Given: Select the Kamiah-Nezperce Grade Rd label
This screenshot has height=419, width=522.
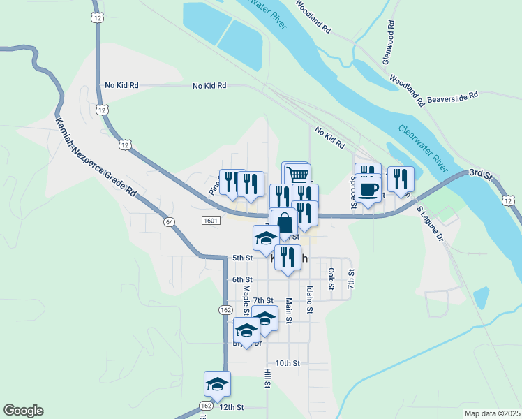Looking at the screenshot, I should (x=95, y=157).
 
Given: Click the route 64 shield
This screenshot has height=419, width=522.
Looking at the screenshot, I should (x=170, y=221).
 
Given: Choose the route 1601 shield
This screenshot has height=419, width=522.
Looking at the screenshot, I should (x=211, y=221).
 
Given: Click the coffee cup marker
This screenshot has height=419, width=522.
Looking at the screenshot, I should (x=369, y=189).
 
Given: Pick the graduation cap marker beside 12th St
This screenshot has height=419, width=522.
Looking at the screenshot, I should (x=217, y=384).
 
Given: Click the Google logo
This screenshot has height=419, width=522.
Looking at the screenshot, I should (x=23, y=411).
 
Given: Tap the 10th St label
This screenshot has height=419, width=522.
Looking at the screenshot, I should (x=287, y=363).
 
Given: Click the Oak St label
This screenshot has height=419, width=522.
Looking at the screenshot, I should (x=331, y=279).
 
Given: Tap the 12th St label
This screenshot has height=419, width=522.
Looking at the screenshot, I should (x=231, y=406).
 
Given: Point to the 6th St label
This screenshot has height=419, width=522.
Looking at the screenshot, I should (x=241, y=279).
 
